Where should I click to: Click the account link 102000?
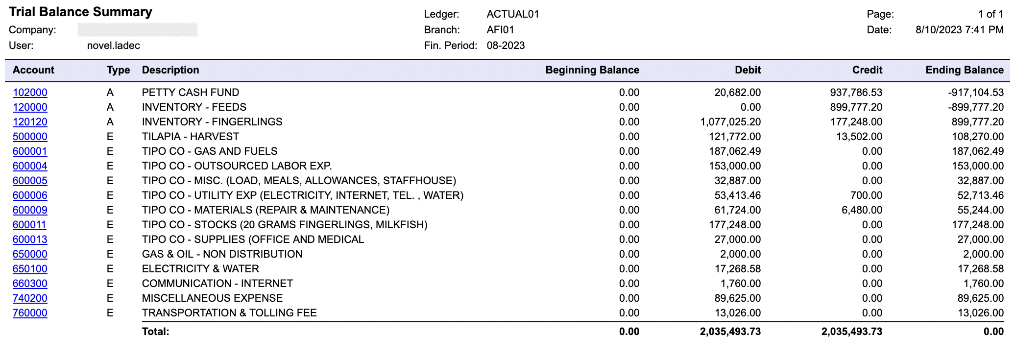30,93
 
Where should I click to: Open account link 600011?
29,225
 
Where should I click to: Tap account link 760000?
30,313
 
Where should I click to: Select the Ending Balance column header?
964,70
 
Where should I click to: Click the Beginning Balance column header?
592,70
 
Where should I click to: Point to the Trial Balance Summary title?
80,12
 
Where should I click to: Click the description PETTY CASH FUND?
190,93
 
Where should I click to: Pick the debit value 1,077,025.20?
730,122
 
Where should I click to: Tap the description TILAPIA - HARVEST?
190,137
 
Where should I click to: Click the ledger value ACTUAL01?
512,14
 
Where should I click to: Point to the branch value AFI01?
500,30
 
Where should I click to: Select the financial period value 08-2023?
506,46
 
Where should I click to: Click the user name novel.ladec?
113,46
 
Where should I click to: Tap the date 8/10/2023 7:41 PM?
959,30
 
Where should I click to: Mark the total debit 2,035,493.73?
730,332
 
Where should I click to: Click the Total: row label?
155,332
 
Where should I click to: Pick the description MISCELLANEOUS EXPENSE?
212,298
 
